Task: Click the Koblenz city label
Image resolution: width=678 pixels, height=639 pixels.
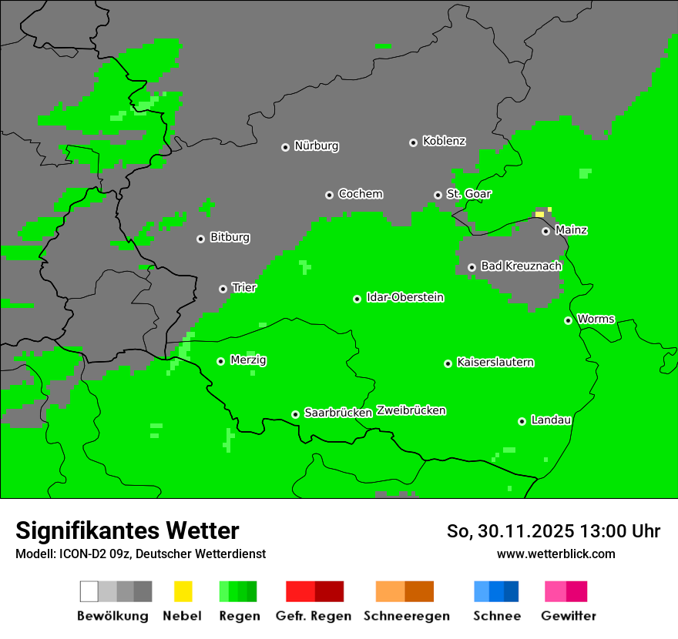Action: click(x=444, y=142)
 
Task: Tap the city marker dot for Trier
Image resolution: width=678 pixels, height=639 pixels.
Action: click(x=223, y=289)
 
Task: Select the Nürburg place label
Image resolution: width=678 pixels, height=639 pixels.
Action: click(x=316, y=146)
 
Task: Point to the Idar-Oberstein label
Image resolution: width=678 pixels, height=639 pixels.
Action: click(x=404, y=298)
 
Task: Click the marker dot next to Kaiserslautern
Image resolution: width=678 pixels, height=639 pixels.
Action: click(x=448, y=363)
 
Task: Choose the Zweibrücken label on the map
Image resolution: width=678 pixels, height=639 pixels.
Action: click(x=411, y=411)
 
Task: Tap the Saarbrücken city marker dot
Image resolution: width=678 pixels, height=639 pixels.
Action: click(x=295, y=414)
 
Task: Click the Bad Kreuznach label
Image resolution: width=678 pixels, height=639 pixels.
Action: click(x=521, y=266)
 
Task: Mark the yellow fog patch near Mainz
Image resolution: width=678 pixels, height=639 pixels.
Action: click(x=540, y=213)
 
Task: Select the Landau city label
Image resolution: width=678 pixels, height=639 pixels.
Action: click(x=551, y=420)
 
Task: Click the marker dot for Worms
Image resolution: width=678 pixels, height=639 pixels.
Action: click(x=568, y=320)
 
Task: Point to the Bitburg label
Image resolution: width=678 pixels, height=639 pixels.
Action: click(x=230, y=238)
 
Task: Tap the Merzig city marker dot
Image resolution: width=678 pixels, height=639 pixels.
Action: click(x=220, y=361)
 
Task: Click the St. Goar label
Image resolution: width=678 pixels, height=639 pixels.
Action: click(x=468, y=195)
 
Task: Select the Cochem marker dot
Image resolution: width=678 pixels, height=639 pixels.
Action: click(x=329, y=195)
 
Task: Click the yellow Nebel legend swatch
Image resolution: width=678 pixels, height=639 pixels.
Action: click(x=183, y=591)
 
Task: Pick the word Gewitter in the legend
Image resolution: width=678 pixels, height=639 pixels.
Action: click(x=568, y=616)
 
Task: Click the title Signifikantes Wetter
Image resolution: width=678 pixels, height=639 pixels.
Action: click(x=127, y=530)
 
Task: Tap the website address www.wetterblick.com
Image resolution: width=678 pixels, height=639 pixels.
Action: click(x=555, y=554)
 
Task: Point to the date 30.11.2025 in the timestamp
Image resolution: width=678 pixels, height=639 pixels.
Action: click(x=525, y=531)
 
